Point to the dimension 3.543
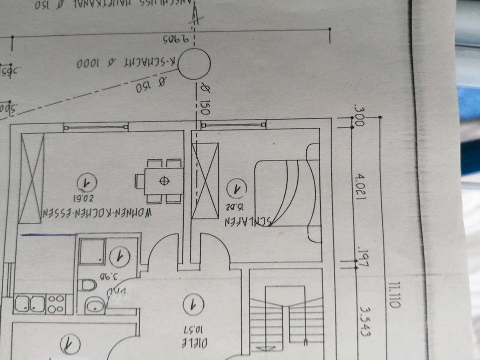pyautogui.click(x=360, y=320)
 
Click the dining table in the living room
pyautogui.click(x=158, y=181)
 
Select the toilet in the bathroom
pyautogui.click(x=88, y=285)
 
